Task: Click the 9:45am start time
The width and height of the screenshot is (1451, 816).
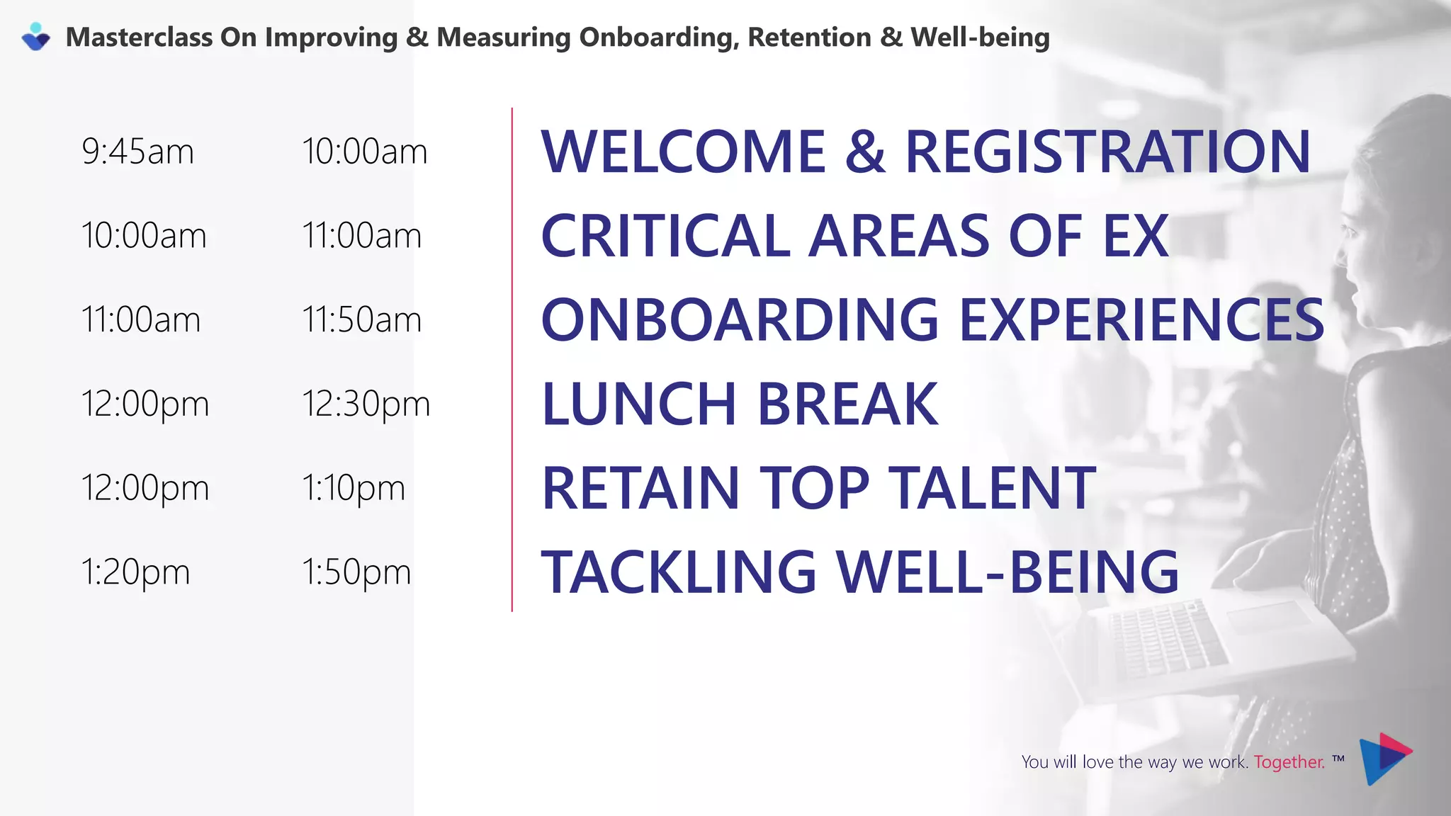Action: tap(137, 152)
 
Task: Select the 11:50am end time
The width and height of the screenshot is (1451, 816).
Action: tap(361, 319)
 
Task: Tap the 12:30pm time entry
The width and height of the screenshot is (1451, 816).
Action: tap(366, 404)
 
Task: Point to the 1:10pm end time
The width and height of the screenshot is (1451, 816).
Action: tap(354, 488)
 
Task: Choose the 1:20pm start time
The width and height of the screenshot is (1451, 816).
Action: tap(135, 572)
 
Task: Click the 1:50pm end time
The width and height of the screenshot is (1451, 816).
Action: tap(356, 572)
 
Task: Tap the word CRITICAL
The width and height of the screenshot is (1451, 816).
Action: tap(665, 236)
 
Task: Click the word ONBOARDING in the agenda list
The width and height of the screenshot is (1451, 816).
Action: tap(740, 319)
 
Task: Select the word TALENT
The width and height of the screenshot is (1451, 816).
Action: tap(992, 488)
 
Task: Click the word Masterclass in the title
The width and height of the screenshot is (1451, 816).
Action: tap(139, 38)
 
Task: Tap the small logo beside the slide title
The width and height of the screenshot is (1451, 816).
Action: tap(36, 37)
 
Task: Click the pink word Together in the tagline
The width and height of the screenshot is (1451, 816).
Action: tap(1289, 762)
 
